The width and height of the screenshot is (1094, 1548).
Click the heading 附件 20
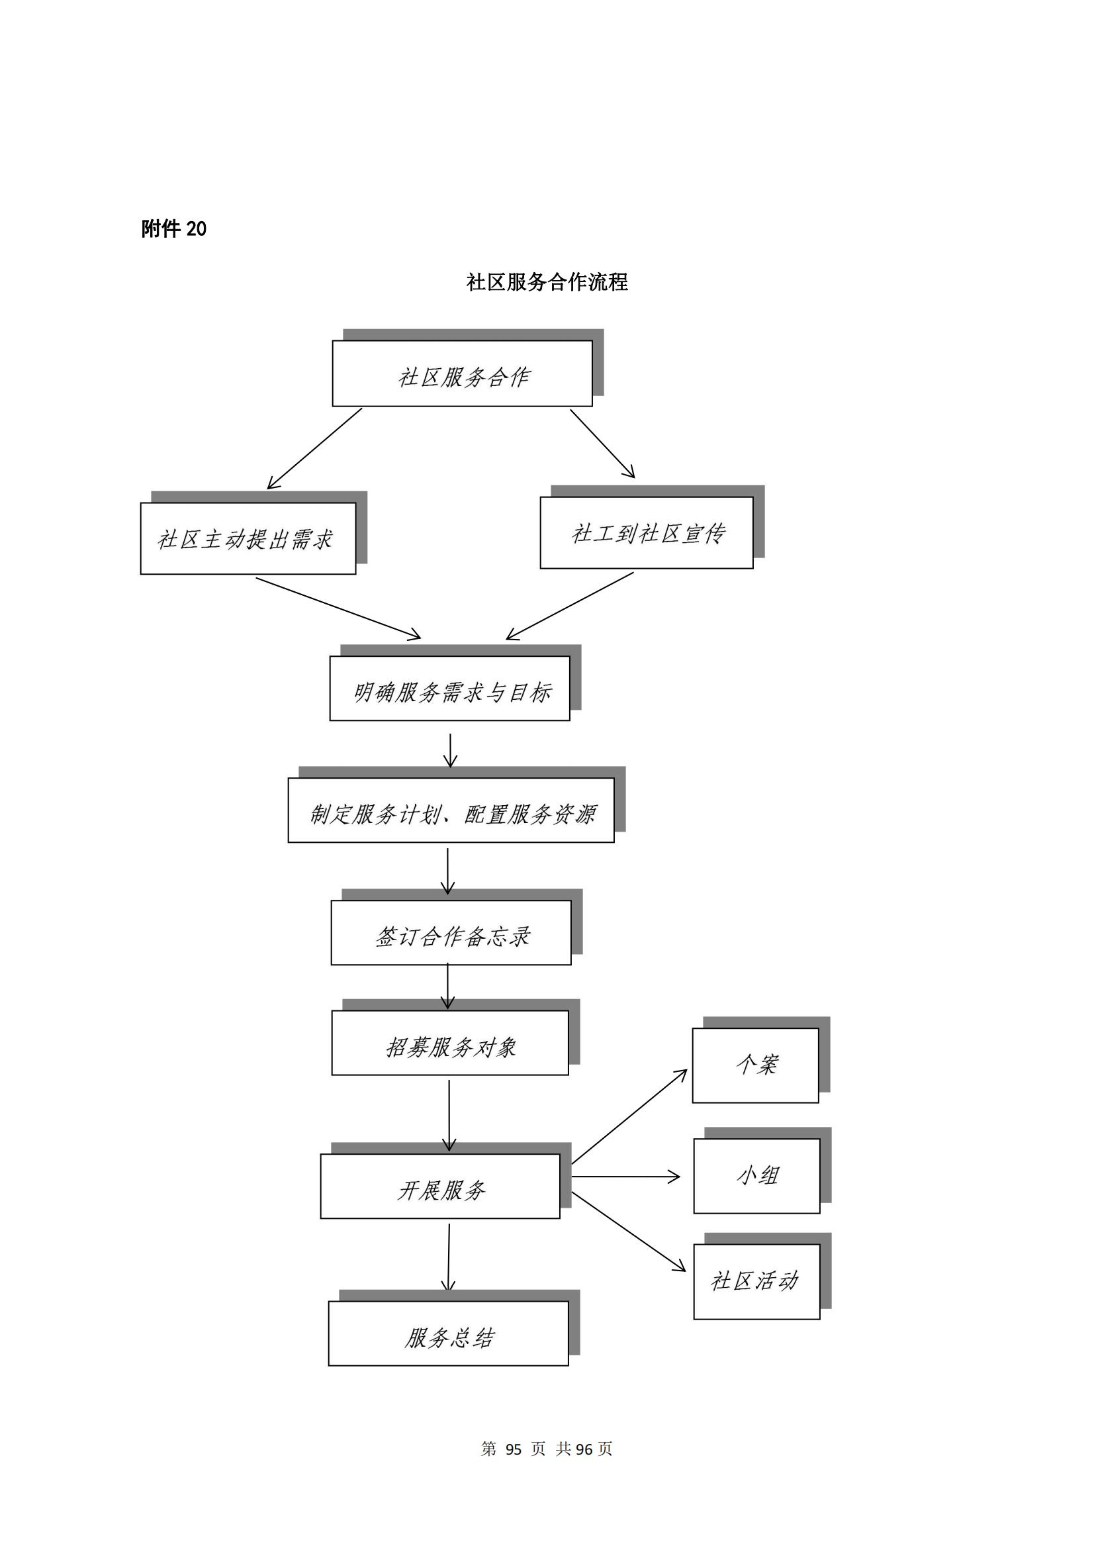174,229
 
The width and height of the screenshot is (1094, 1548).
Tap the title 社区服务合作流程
547,282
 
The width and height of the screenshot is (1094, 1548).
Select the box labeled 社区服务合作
463,373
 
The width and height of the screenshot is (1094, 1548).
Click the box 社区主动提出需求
248,539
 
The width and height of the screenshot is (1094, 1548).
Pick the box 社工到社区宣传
647,533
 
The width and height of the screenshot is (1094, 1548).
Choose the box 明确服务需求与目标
449,689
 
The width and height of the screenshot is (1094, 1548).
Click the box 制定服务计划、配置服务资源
451,810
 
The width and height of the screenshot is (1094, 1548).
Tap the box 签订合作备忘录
451,933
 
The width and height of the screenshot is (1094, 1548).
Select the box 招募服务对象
450,1043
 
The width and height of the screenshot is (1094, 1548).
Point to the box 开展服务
440,1186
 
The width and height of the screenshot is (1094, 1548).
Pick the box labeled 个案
756,1066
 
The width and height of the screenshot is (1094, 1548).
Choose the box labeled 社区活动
757,1282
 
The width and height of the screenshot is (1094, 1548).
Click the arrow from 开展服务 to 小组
626,1177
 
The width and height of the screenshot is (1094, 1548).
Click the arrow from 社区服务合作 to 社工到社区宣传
603,444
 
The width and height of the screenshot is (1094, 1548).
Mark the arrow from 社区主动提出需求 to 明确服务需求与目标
338,607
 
